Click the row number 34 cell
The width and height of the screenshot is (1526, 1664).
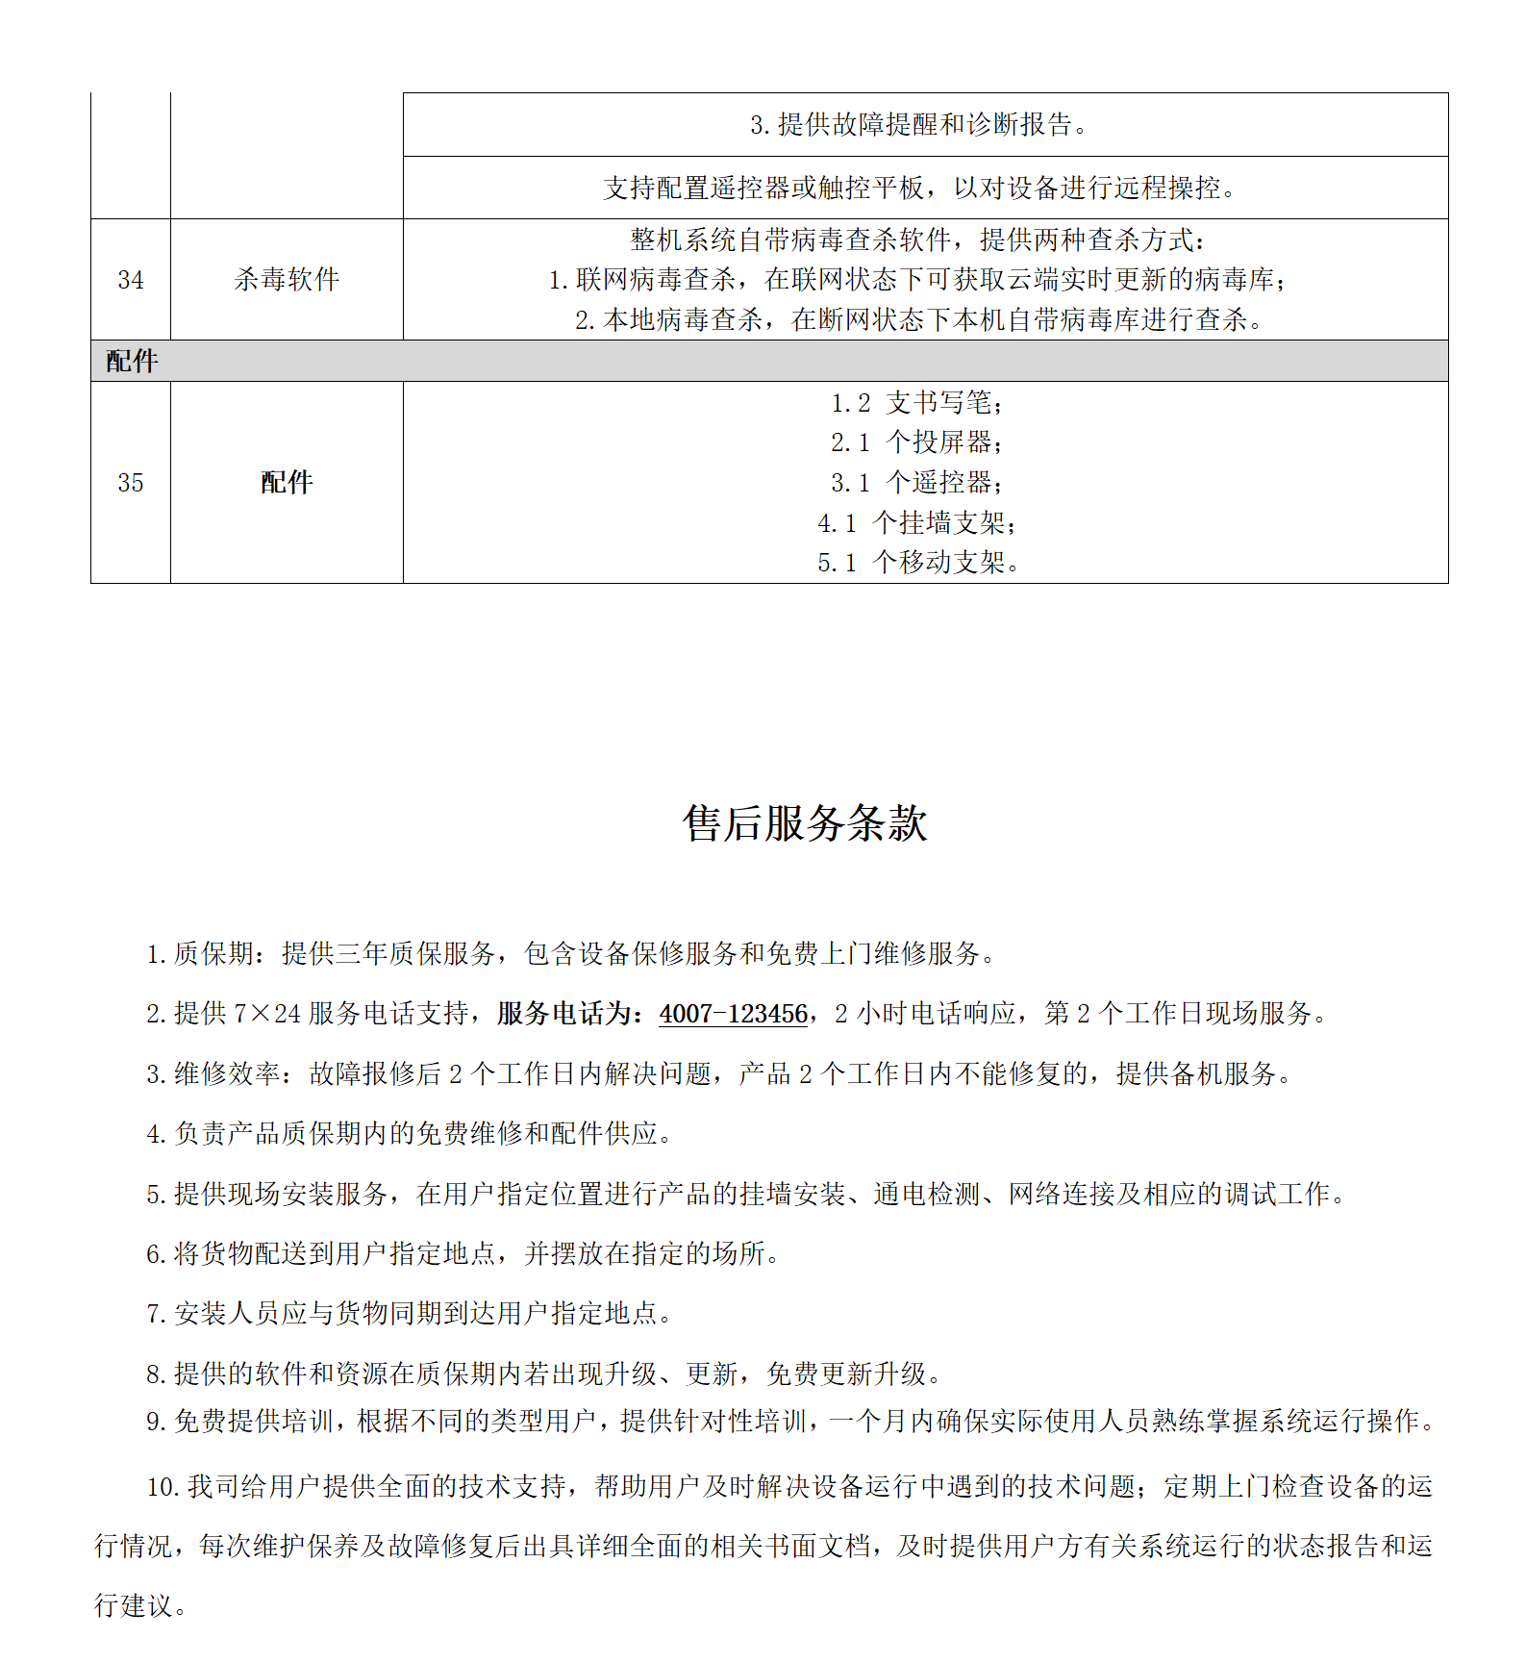(x=131, y=280)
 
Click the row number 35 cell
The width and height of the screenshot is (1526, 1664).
(x=131, y=483)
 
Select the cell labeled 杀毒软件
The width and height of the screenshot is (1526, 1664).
(x=287, y=280)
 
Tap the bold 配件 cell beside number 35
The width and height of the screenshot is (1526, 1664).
(x=287, y=483)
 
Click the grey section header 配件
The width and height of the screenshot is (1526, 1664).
(x=132, y=362)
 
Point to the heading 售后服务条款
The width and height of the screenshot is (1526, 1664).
(x=805, y=824)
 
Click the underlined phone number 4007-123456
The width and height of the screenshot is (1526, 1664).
(x=733, y=1014)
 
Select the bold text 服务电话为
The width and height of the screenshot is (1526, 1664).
(x=570, y=1014)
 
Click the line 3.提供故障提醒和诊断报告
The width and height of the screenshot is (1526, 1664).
(x=920, y=125)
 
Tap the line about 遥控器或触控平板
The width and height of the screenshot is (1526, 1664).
(x=920, y=189)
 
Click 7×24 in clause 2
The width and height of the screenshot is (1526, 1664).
(x=267, y=1014)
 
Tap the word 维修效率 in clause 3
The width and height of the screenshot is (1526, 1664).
(x=227, y=1074)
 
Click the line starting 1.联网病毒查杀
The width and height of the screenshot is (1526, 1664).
(x=918, y=280)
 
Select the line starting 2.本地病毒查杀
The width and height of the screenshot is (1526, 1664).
(x=918, y=320)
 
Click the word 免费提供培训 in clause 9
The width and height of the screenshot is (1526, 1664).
(x=254, y=1422)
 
